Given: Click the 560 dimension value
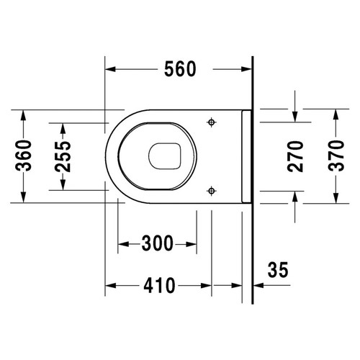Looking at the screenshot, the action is [180, 69].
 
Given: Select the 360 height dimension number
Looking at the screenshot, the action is [23, 156].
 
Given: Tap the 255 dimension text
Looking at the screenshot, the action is [63, 156].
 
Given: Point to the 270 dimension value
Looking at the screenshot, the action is [295, 156].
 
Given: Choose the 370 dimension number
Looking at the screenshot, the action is [336, 156].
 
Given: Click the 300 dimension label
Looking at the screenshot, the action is [158, 243].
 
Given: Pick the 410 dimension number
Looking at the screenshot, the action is [159, 286].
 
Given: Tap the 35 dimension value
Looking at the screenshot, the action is [278, 270].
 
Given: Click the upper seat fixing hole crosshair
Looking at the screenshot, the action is [212, 122].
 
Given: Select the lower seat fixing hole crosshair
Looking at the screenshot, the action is [212, 191].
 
